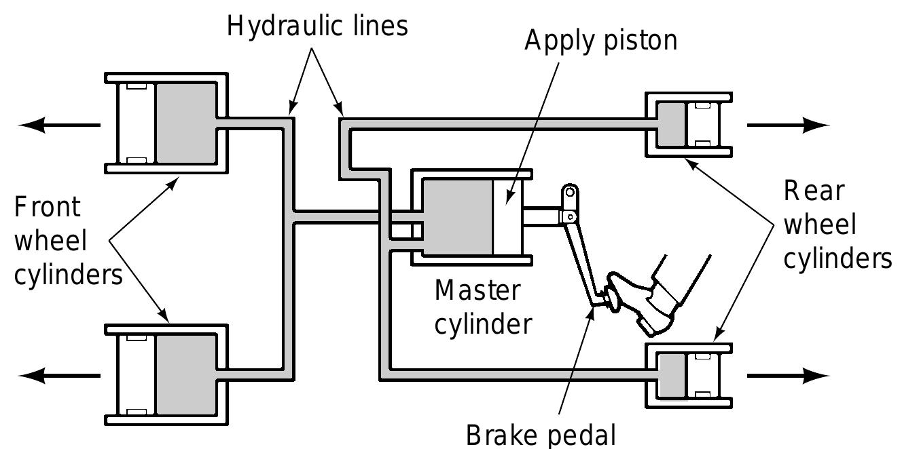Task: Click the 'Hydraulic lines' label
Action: (317, 26)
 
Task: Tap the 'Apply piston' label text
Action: (600, 41)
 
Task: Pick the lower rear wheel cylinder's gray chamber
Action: (672, 374)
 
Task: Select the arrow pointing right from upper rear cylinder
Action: (788, 124)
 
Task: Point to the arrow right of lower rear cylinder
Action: (788, 374)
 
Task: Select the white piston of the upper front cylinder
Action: (137, 123)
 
